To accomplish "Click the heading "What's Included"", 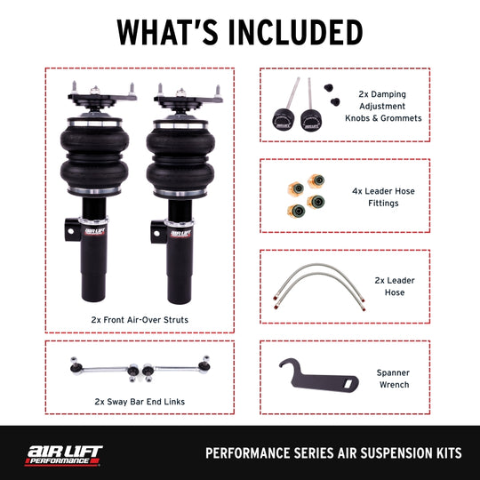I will (x=240, y=31).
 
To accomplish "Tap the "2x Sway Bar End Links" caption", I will (x=139, y=401).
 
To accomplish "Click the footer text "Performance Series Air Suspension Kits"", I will (x=333, y=453).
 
